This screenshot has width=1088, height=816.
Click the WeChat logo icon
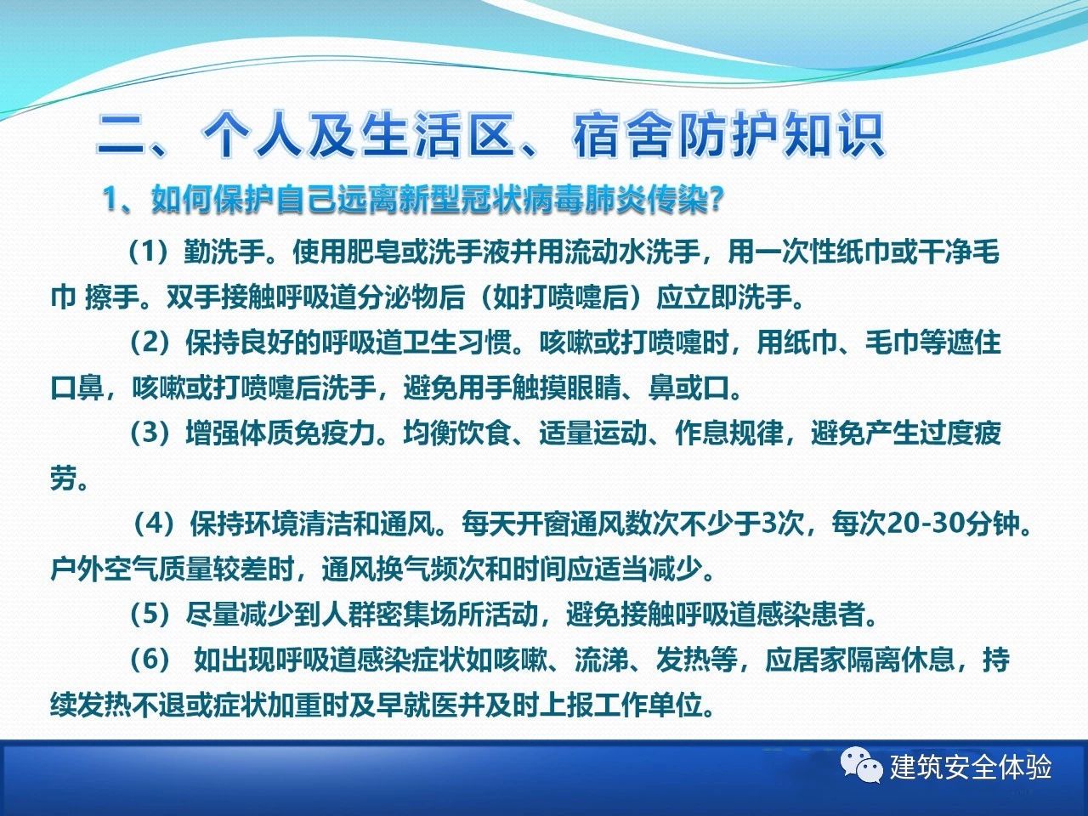point(861,766)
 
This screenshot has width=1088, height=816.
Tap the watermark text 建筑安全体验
point(970,767)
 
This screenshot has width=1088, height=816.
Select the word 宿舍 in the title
point(622,135)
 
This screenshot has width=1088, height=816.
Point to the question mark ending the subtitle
point(714,199)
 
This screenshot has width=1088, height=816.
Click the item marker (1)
point(149,252)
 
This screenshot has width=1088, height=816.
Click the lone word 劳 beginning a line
point(64,479)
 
